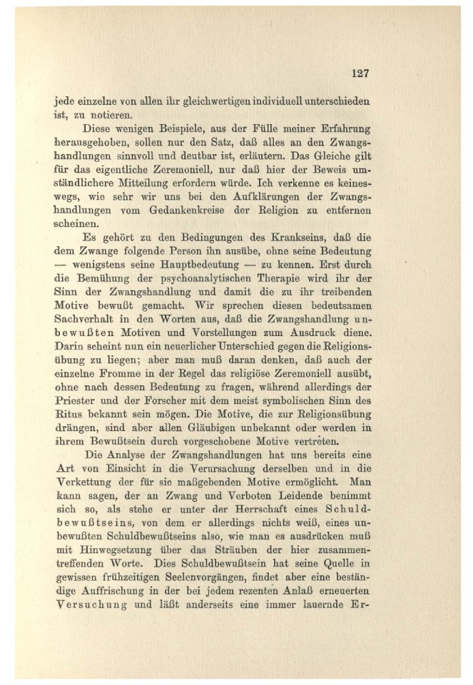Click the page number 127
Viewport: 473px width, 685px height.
point(359,73)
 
